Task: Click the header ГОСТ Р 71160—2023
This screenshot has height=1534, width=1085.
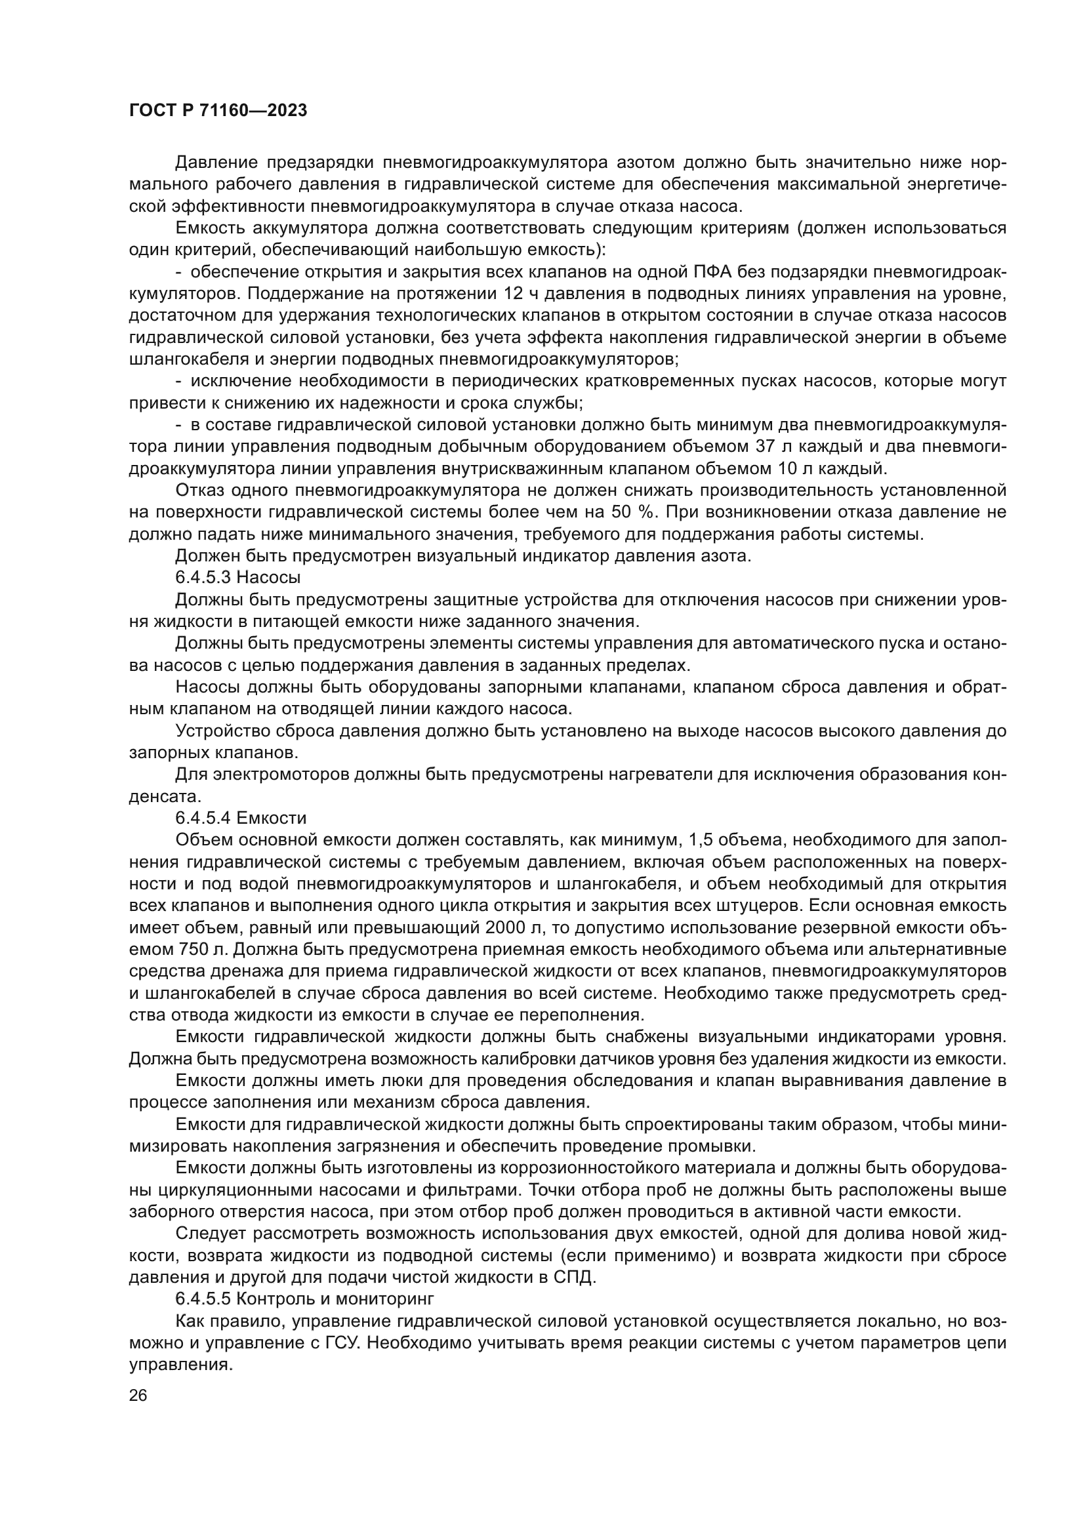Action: point(218,111)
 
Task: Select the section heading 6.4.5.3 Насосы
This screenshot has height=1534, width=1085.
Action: point(238,576)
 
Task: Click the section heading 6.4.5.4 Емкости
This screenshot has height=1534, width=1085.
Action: point(241,818)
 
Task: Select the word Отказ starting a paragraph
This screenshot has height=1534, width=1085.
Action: point(198,491)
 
